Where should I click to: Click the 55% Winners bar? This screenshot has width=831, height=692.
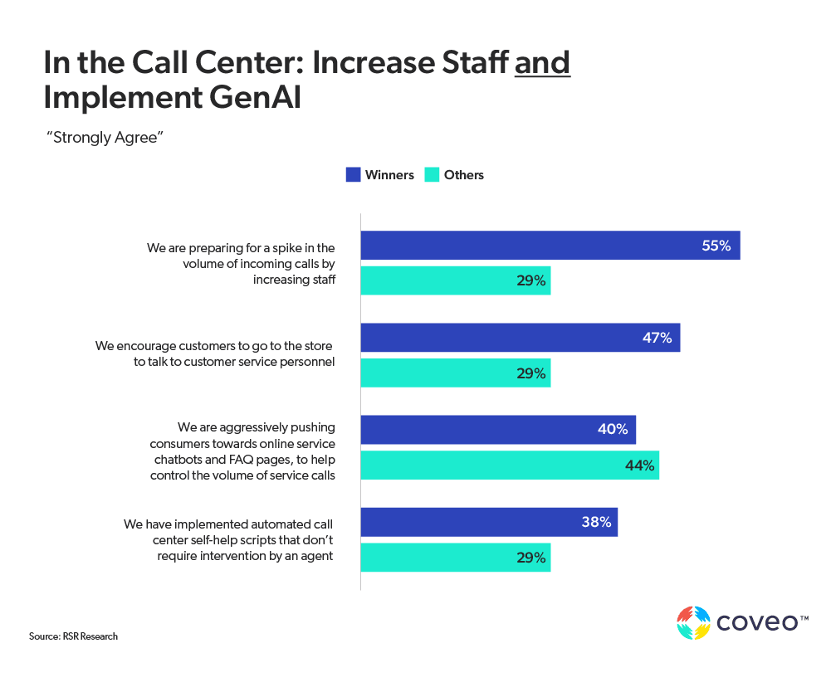[x=550, y=246]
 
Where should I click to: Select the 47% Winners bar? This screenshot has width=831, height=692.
[x=520, y=338]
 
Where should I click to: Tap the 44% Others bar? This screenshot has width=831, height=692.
[x=510, y=465]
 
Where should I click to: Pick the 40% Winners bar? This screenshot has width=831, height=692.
[x=498, y=430]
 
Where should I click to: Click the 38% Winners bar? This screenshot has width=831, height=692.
[x=489, y=522]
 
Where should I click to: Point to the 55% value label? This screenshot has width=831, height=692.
[x=716, y=246]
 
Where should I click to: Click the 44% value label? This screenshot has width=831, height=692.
[x=639, y=465]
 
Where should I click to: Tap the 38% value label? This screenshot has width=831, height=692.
[x=597, y=522]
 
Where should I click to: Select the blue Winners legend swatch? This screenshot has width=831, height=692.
[x=353, y=175]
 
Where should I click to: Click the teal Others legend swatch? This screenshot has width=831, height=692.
[x=432, y=175]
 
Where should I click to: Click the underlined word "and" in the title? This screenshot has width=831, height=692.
[x=542, y=62]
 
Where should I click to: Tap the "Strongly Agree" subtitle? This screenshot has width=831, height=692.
[x=104, y=138]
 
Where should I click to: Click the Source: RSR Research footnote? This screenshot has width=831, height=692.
[x=73, y=636]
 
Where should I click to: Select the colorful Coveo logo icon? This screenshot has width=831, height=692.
[x=694, y=623]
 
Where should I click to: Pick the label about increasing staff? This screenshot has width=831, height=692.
[x=242, y=263]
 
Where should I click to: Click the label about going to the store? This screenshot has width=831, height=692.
[x=215, y=353]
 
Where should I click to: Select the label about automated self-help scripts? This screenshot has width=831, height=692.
[x=229, y=540]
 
